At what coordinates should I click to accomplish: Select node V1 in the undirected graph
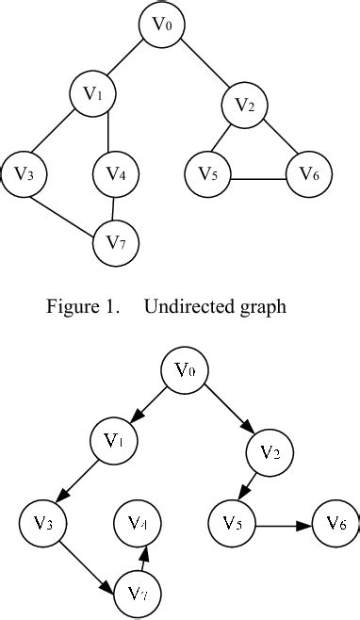click(92, 93)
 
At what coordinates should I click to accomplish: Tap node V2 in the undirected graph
click(245, 106)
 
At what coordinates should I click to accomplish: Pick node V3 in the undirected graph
click(25, 173)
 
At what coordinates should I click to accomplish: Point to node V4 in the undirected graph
click(116, 173)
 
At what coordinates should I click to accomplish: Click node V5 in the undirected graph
click(208, 173)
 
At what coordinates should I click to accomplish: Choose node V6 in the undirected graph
click(309, 173)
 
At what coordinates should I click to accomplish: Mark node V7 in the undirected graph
click(116, 242)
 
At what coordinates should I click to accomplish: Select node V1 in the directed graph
click(114, 439)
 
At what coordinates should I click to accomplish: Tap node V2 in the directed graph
click(269, 452)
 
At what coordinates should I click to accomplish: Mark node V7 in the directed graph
click(138, 594)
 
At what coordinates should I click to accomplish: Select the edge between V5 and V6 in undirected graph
click(258, 179)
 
